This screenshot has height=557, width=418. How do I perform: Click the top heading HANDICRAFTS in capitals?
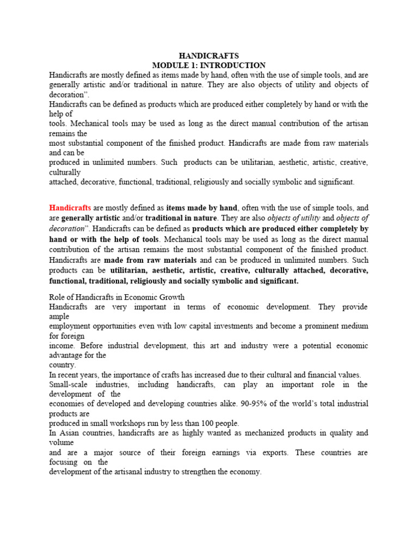[209, 56]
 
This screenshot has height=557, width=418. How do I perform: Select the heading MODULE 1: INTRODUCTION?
[209, 65]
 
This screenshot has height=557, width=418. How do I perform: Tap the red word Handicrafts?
[70, 207]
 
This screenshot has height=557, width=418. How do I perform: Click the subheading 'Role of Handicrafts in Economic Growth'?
[117, 298]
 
